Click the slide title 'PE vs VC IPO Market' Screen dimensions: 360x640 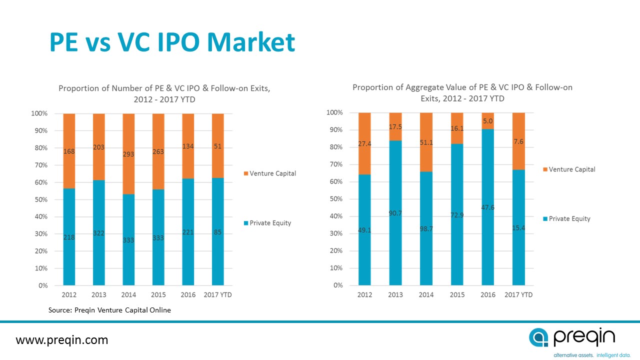(x=172, y=42)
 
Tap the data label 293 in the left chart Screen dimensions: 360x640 (x=128, y=154)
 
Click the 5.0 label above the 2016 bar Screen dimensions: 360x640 (x=488, y=120)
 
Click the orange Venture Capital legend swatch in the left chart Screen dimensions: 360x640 (x=245, y=174)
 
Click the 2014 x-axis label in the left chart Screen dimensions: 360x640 (x=128, y=295)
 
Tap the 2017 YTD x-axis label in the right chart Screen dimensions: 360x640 (x=518, y=295)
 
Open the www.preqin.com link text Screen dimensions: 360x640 (x=62, y=340)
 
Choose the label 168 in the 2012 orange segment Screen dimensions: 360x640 (x=69, y=150)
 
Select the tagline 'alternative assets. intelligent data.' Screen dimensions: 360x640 (x=584, y=355)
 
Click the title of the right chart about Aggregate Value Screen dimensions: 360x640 (x=462, y=92)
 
